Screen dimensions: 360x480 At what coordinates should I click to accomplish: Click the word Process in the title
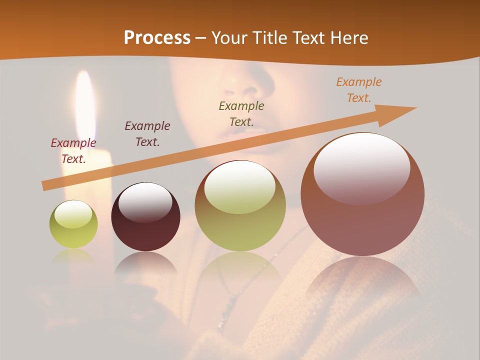tap(157, 38)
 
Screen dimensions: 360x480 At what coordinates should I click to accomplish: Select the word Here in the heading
tap(349, 38)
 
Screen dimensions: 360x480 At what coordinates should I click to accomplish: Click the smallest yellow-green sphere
tap(73, 224)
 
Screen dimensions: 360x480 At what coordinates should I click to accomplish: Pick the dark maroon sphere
tap(145, 216)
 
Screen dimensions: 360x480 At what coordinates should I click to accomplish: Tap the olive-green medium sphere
tap(240, 206)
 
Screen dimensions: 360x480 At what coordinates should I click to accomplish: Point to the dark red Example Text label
tap(73, 150)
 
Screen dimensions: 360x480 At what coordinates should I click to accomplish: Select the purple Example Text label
tap(147, 133)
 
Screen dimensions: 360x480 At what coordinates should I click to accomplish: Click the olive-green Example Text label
tap(241, 113)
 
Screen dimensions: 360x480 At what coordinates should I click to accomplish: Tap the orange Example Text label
tap(359, 89)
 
